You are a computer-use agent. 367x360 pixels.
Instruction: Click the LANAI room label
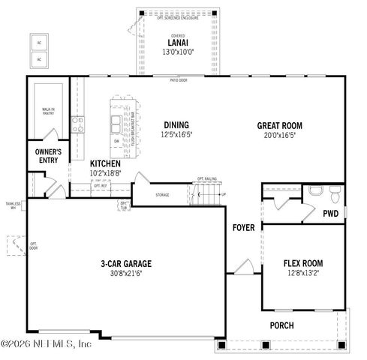pyautogui.click(x=177, y=43)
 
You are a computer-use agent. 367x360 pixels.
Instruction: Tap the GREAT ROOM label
pyautogui.click(x=280, y=126)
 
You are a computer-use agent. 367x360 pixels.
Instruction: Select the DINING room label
pyautogui.click(x=175, y=125)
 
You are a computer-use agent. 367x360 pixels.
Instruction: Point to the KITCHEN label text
pyautogui.click(x=106, y=163)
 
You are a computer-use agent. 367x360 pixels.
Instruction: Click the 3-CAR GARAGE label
pyautogui.click(x=127, y=264)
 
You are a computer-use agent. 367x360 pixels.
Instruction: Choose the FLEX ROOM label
pyautogui.click(x=302, y=264)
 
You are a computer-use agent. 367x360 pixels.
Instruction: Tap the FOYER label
pyautogui.click(x=242, y=227)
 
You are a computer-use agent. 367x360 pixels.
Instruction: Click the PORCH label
pyautogui.click(x=281, y=325)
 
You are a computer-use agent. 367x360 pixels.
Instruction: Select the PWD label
pyautogui.click(x=330, y=214)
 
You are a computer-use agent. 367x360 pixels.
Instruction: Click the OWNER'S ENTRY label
pyautogui.click(x=48, y=155)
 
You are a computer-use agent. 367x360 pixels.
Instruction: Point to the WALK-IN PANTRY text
pyautogui.click(x=49, y=112)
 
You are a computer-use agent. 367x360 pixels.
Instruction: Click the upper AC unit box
pyautogui.click(x=41, y=42)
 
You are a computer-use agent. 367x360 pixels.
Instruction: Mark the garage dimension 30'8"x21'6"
pyautogui.click(x=127, y=274)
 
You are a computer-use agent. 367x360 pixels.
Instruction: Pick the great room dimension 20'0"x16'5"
pyautogui.click(x=280, y=135)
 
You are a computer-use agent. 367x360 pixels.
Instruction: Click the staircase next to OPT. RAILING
pyautogui.click(x=206, y=197)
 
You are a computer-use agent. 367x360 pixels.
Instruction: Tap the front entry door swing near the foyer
pyautogui.click(x=242, y=266)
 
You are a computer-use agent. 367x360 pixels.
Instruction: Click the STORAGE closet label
pyautogui.click(x=162, y=195)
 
